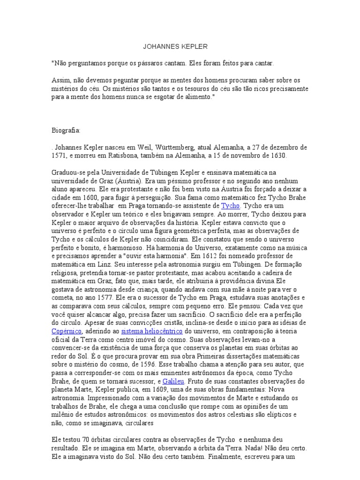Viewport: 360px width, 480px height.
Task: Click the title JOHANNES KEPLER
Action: click(174, 47)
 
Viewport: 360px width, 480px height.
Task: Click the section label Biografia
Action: click(66, 130)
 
